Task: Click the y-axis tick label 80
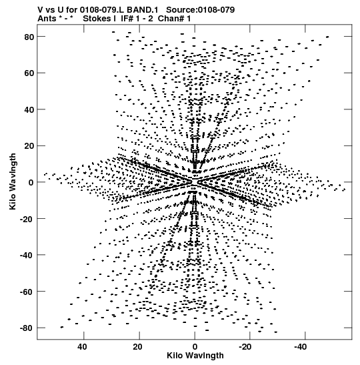point(29,37)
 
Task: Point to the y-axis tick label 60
point(29,73)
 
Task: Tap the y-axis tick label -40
point(27,255)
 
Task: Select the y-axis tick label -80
point(27,328)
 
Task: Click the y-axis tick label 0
point(31,182)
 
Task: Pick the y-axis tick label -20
point(27,219)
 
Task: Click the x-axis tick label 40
point(83,347)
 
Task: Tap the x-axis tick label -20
point(245,347)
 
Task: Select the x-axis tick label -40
point(301,347)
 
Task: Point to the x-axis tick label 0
point(195,347)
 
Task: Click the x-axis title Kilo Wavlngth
point(195,356)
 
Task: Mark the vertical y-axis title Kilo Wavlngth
point(13,181)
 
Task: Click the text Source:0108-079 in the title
point(201,10)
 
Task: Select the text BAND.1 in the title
point(142,10)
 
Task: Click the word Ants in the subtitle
point(47,19)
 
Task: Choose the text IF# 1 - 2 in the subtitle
point(137,19)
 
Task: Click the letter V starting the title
point(41,10)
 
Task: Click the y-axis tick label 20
point(29,146)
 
